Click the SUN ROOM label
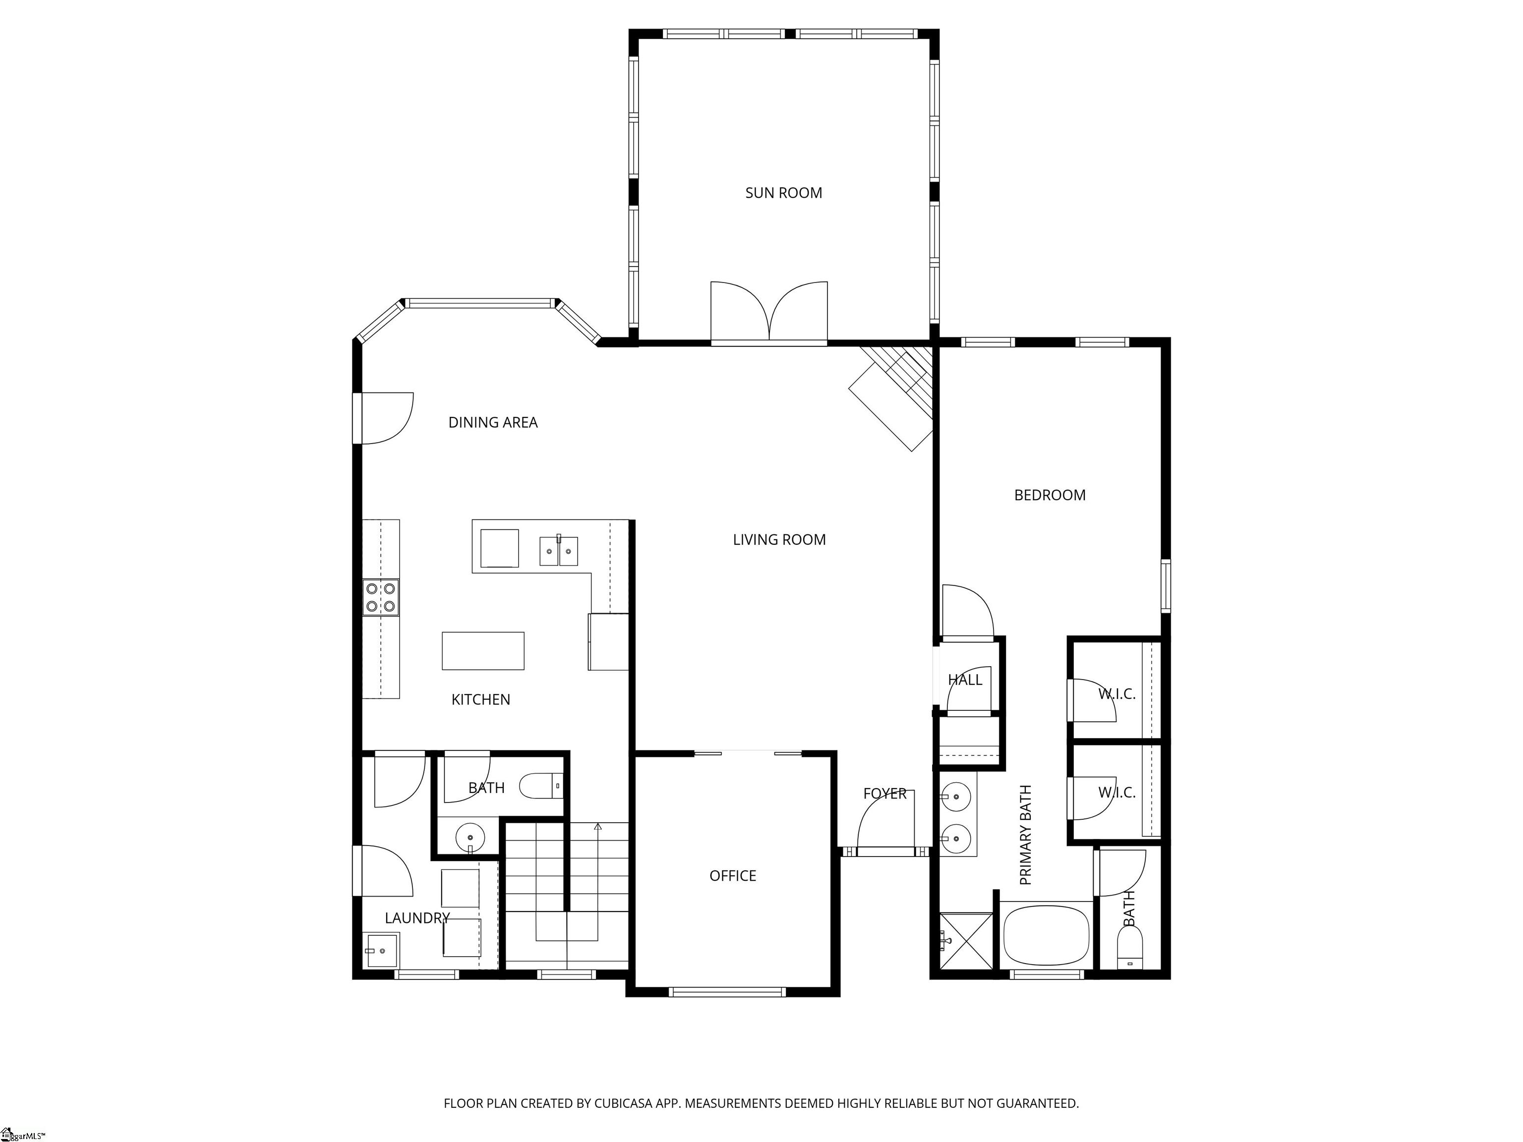(783, 193)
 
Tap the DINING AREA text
(493, 423)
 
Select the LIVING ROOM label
(779, 540)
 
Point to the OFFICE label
(733, 876)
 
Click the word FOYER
(885, 794)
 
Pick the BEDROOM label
(1050, 495)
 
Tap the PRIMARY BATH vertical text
(1026, 835)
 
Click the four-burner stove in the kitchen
(381, 597)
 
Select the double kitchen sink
(558, 551)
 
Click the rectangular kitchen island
(483, 650)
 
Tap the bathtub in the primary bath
(1047, 935)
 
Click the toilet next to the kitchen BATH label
(541, 786)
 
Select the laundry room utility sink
(381, 951)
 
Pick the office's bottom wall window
(727, 992)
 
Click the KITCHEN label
(480, 700)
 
